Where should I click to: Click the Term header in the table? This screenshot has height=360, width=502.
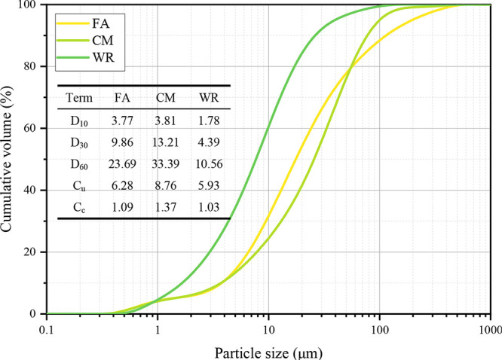79,99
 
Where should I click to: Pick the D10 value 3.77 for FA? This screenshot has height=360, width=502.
125,119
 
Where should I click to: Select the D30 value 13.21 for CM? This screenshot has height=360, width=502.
167,141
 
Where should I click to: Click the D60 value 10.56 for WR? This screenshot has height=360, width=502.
208,163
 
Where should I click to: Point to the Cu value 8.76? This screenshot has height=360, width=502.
167,184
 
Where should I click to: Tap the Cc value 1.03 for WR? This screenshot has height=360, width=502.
208,205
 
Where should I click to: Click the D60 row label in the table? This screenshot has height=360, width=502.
79,163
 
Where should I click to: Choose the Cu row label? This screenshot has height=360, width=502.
79,185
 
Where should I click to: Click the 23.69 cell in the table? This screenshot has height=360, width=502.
125,163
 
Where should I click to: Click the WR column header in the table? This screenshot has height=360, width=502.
208,99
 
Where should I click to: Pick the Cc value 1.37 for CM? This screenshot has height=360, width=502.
167,205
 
